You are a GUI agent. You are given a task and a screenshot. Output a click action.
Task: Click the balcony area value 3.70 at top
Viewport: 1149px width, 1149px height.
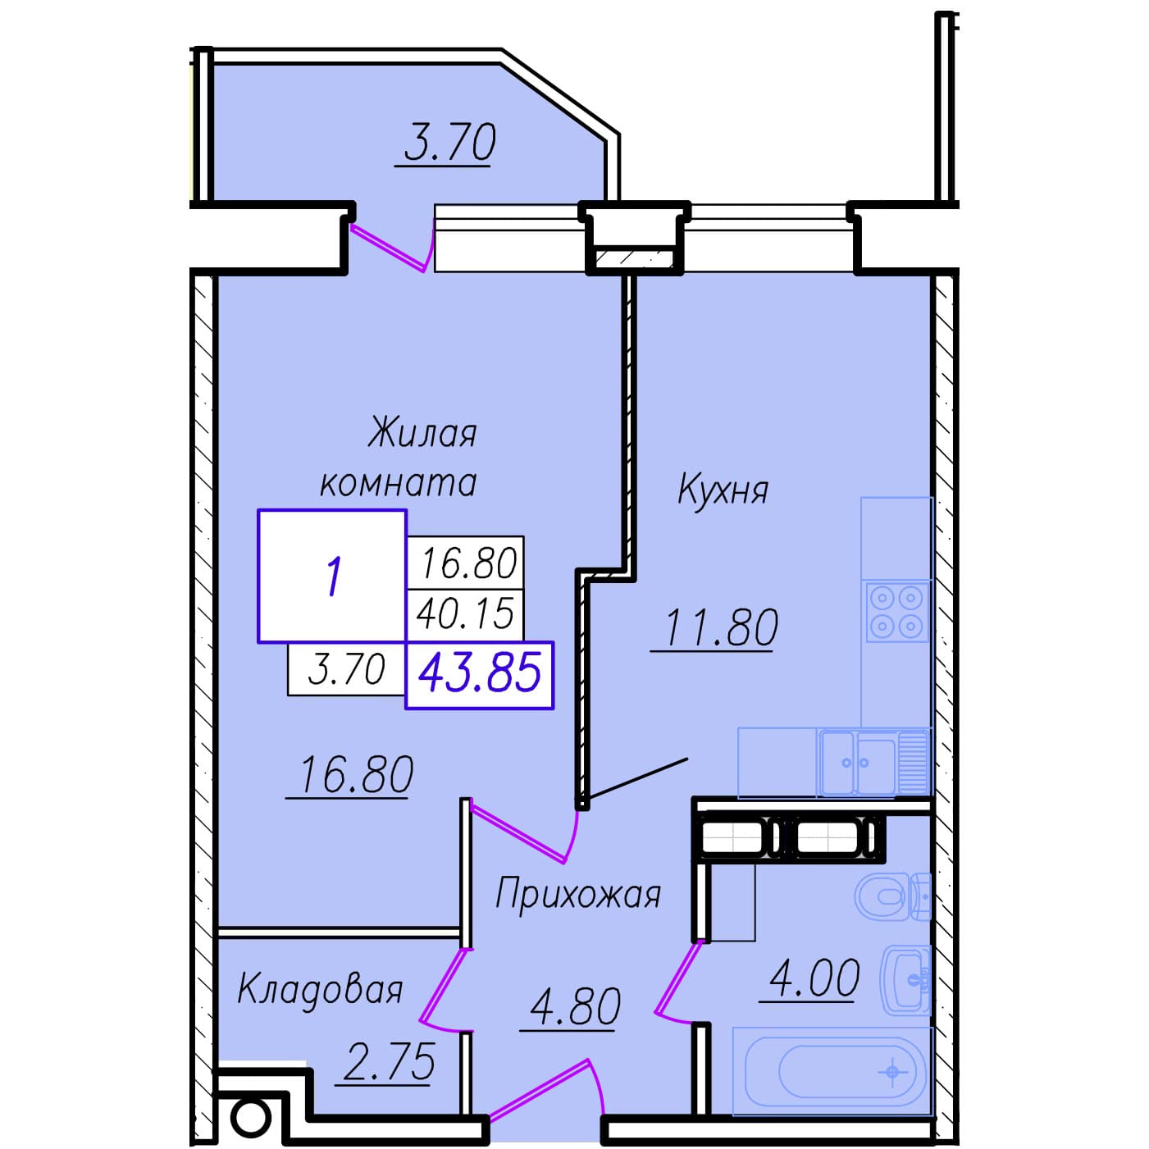[449, 142]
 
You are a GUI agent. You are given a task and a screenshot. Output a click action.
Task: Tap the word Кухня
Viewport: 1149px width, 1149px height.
[723, 490]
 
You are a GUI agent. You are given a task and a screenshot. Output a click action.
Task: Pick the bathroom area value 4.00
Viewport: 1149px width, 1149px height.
[814, 978]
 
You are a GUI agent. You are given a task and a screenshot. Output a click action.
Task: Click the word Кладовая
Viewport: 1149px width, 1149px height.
[320, 991]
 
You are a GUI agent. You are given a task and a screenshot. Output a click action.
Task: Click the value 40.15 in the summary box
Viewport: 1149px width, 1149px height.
[465, 613]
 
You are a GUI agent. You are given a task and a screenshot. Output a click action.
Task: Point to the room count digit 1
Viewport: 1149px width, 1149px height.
[334, 576]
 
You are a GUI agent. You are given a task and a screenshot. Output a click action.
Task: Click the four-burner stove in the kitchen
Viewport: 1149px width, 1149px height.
[896, 613]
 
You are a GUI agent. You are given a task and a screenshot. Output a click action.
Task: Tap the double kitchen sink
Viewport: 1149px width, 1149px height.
[874, 764]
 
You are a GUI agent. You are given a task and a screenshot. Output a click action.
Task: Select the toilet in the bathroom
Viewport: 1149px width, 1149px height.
[892, 896]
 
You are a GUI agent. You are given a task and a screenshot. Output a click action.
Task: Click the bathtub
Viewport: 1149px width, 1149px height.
[832, 1071]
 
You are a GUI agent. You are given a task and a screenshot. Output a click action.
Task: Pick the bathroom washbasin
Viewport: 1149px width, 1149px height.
[906, 980]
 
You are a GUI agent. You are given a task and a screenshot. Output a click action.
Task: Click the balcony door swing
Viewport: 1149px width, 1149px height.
[392, 247]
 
